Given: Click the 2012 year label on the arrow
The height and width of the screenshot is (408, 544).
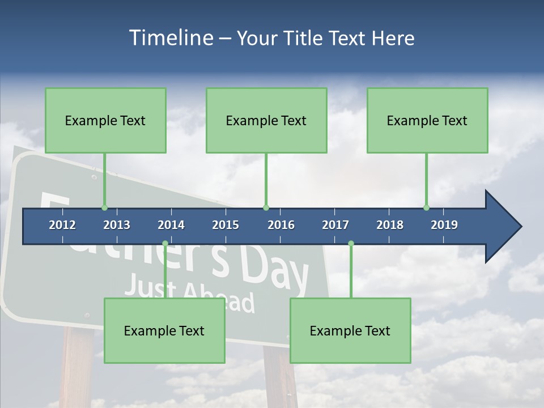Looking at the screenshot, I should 62,225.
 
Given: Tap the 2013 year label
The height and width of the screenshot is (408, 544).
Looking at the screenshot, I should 117,225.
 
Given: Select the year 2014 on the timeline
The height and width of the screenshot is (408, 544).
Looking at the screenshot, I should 171,225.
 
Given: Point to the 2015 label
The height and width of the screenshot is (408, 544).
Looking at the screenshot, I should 226,225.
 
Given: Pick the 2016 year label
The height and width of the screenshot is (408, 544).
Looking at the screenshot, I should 281,225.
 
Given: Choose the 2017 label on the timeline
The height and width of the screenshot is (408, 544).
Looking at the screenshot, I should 335,225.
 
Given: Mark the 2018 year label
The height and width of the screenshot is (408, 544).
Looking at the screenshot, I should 390,225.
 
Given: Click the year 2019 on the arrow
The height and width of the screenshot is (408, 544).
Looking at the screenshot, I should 444,225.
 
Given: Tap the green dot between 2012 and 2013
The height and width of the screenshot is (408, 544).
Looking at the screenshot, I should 104,207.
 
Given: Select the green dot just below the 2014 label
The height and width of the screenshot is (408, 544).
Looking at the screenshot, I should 165,244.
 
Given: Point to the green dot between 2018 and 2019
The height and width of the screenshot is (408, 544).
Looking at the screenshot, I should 426,207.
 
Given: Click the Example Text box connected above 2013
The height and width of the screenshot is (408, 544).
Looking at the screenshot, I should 105,120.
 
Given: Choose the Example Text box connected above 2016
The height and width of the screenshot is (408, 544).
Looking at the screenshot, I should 266,120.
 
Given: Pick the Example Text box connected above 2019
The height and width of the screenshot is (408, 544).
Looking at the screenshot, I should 427,120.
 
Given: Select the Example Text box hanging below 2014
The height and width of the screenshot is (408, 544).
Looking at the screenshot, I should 164,330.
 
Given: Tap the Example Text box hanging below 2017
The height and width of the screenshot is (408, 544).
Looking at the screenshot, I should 350,330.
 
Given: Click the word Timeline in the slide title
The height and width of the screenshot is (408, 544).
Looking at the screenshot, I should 169,38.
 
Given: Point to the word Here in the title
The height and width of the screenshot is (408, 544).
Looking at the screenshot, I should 393,38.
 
